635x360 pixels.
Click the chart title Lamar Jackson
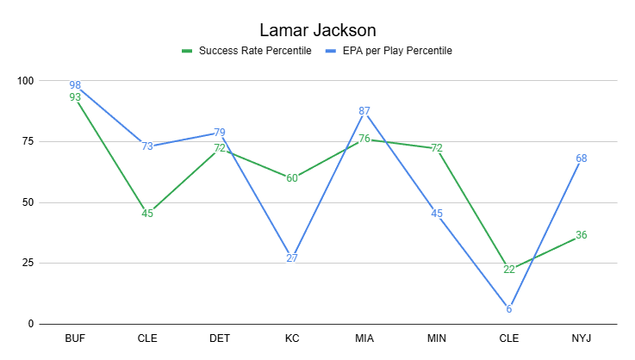point(317,30)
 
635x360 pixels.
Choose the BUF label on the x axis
point(75,338)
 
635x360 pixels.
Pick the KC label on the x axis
point(292,338)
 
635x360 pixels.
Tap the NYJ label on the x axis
point(582,338)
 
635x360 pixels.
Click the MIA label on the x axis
point(364,338)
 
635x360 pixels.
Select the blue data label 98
point(75,85)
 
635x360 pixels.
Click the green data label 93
point(75,97)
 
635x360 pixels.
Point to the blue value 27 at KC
point(292,258)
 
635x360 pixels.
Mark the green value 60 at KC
point(292,178)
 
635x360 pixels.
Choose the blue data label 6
point(509,309)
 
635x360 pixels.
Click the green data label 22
point(509,270)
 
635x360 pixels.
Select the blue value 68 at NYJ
point(582,158)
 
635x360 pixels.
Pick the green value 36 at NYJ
point(582,236)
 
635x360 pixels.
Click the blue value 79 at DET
point(220,132)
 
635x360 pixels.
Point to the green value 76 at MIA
point(364,139)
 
